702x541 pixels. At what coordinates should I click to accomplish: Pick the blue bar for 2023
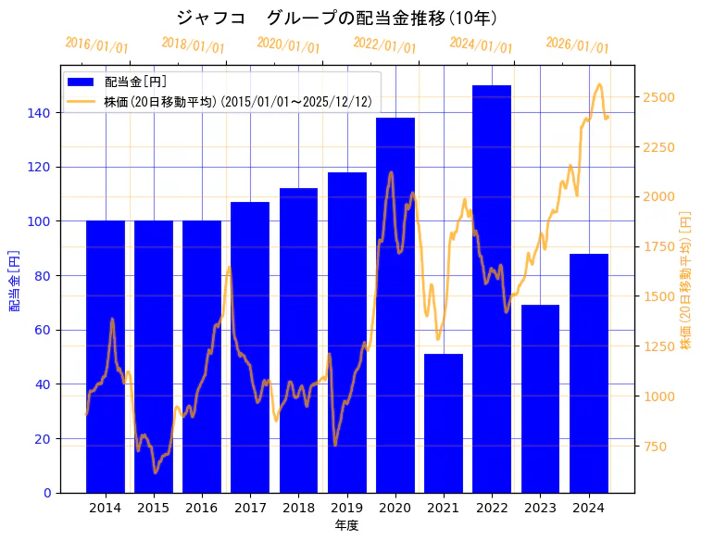click(x=540, y=398)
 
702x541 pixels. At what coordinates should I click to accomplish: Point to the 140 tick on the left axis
click(x=42, y=113)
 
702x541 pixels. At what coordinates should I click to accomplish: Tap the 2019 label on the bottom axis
click(x=346, y=508)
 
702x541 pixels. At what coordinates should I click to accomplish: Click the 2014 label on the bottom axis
click(x=105, y=508)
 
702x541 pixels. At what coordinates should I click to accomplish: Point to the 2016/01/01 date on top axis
click(x=96, y=45)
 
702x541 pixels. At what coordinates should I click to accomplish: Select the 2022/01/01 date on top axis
click(x=384, y=45)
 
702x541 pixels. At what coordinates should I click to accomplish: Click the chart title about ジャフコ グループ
click(x=337, y=18)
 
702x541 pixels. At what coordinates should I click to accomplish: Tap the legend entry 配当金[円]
click(x=135, y=82)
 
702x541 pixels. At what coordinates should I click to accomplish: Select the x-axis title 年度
click(x=346, y=525)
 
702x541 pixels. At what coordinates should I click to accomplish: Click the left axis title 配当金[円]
click(x=14, y=280)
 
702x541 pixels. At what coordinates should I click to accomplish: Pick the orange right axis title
click(x=686, y=280)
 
